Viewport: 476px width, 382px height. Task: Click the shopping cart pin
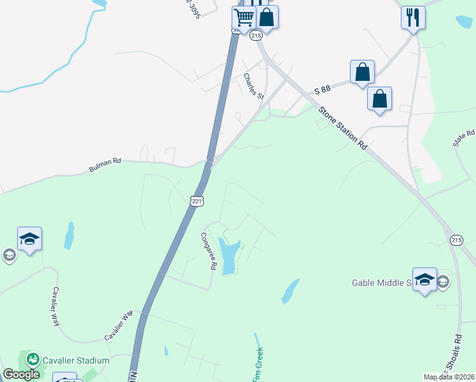click(x=244, y=17)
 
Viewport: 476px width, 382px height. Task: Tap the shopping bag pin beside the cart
click(x=267, y=17)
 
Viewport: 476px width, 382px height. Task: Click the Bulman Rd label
click(x=105, y=166)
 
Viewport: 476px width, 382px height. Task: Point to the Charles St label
click(x=253, y=86)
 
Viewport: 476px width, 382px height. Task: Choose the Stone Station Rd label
click(x=344, y=128)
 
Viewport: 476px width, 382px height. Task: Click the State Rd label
click(x=465, y=138)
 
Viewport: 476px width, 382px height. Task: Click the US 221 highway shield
click(x=196, y=201)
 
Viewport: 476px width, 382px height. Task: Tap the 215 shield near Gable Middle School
click(x=456, y=239)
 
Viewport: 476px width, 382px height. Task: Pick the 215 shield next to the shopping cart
click(x=256, y=36)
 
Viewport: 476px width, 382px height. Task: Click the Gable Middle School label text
click(x=382, y=283)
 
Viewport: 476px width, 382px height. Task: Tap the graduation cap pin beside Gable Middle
click(x=424, y=279)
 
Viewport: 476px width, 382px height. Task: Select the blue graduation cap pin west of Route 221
click(x=29, y=239)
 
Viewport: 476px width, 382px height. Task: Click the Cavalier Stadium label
click(x=76, y=360)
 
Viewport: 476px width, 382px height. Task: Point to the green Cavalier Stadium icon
click(x=32, y=360)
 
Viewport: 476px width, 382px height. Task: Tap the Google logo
click(x=22, y=374)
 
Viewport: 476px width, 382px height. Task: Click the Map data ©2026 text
click(x=449, y=377)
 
